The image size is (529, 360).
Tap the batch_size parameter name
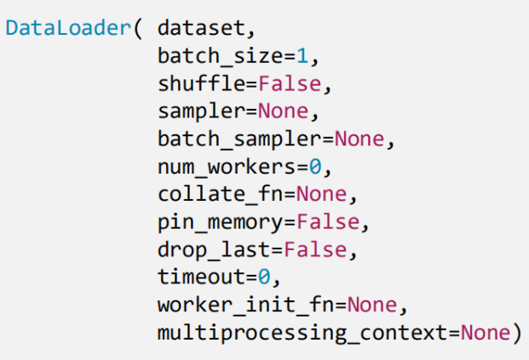pyautogui.click(x=221, y=56)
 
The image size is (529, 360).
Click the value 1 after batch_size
pyautogui.click(x=301, y=56)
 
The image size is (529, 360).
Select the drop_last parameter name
pyautogui.click(x=216, y=249)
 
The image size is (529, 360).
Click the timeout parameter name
pyautogui.click(x=205, y=277)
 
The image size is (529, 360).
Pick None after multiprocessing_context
pyautogui.click(x=485, y=333)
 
